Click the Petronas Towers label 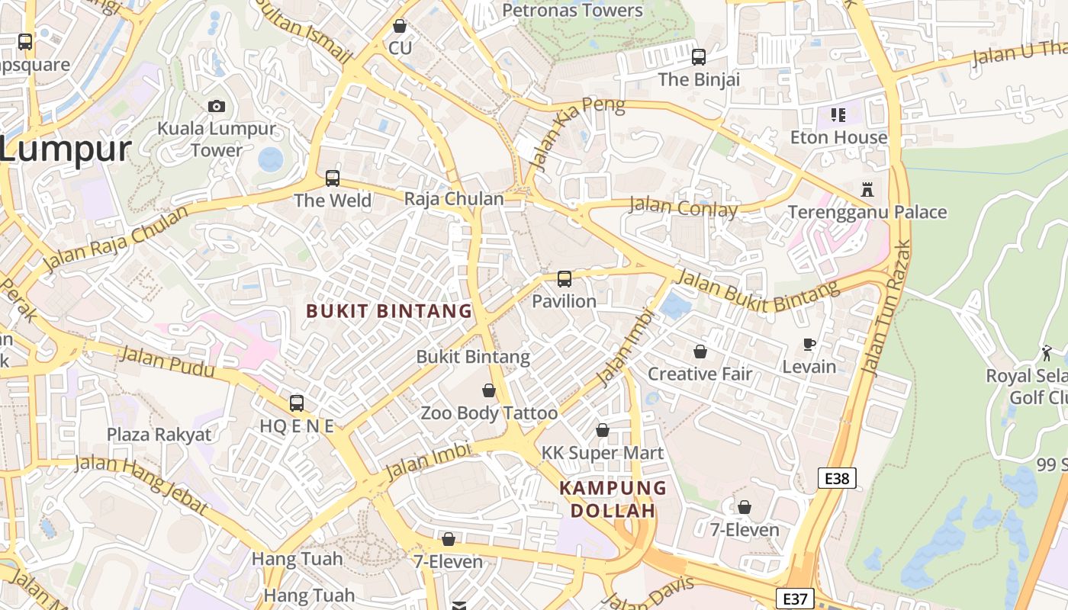573,10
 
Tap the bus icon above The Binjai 699,56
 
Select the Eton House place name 838,137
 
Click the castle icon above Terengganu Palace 867,189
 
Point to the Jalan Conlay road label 684,206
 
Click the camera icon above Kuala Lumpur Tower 216,106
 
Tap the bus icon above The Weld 333,178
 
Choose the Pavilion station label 564,301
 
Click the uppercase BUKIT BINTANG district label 389,311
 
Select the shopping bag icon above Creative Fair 700,352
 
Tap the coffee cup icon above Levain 809,345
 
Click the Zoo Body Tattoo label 489,413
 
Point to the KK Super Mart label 602,453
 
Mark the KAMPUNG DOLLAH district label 613,499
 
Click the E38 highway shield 837,478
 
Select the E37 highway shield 795,599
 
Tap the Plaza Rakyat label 159,435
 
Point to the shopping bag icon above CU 399,26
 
